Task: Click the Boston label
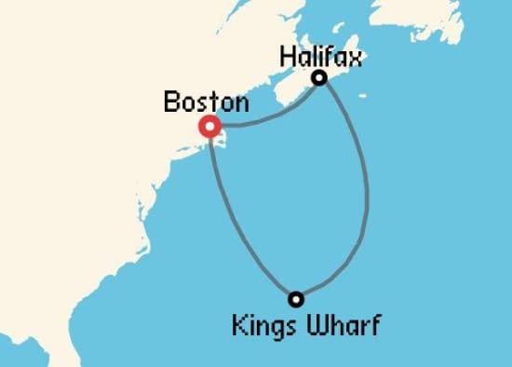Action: click(x=206, y=102)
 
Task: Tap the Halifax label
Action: click(x=319, y=57)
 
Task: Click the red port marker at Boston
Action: click(x=211, y=127)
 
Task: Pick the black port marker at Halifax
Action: click(x=319, y=78)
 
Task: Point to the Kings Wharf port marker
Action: click(x=296, y=299)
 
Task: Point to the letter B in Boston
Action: click(x=171, y=102)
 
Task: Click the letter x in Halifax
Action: click(x=354, y=58)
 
